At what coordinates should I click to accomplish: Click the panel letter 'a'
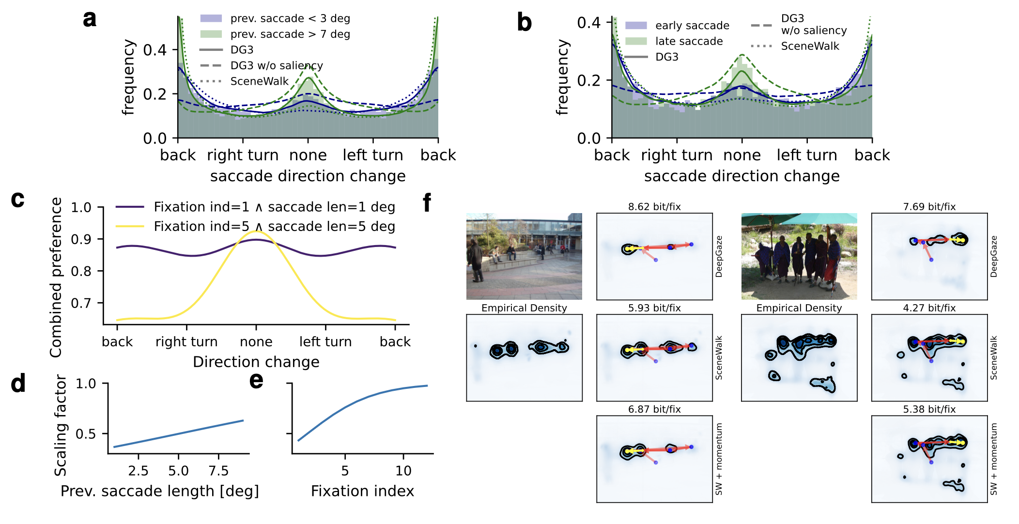(x=90, y=19)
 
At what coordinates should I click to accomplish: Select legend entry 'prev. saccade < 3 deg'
(x=290, y=18)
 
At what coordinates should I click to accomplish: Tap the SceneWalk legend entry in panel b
(x=809, y=46)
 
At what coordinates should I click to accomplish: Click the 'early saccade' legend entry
(x=692, y=25)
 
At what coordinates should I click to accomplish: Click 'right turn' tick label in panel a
(x=243, y=155)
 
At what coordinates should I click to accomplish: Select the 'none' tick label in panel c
(x=256, y=342)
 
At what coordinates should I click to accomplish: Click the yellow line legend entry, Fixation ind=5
(x=274, y=226)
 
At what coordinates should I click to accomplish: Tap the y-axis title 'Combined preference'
(x=56, y=277)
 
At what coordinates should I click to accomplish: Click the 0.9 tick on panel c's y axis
(x=81, y=239)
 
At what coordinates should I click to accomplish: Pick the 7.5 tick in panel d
(x=218, y=471)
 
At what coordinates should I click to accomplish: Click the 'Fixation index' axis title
(x=362, y=491)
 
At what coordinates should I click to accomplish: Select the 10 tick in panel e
(x=403, y=471)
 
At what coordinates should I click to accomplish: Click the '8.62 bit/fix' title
(x=654, y=207)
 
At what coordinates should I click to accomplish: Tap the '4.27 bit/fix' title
(x=929, y=308)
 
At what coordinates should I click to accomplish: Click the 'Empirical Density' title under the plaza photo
(x=524, y=308)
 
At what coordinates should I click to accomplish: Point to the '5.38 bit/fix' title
(x=929, y=409)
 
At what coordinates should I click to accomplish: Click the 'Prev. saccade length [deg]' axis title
(x=159, y=491)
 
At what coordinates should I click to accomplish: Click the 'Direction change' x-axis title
(x=256, y=362)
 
